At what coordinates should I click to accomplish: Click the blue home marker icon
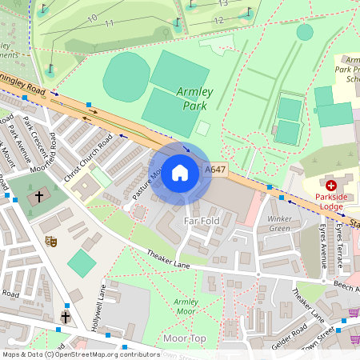[x=180, y=172]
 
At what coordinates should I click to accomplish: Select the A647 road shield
[x=215, y=170]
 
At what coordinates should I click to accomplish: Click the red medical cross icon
[x=330, y=186]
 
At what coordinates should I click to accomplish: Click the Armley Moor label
[x=186, y=306]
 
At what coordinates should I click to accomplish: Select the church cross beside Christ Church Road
[x=38, y=196]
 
